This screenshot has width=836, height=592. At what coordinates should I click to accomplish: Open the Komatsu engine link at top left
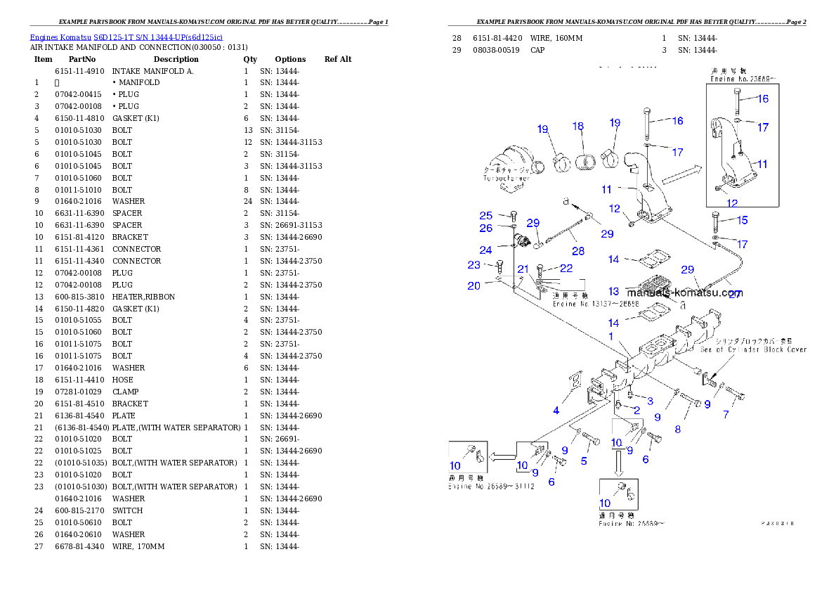pos(126,37)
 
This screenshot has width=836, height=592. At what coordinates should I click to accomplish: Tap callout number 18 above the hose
pos(577,127)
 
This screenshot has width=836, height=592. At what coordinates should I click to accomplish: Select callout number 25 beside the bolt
pos(486,216)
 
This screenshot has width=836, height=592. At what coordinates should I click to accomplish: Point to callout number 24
pos(485,250)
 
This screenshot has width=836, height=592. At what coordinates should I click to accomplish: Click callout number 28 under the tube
pos(577,251)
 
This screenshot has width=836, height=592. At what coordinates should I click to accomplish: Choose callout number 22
pos(566,268)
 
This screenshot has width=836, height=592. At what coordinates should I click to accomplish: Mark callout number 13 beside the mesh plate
pos(614,291)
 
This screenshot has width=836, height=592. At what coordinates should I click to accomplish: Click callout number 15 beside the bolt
pos(742,220)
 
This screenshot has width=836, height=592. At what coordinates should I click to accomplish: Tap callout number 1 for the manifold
pos(611,337)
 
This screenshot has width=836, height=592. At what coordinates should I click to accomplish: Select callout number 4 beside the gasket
pos(556,410)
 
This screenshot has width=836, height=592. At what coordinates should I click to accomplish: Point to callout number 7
pos(726,415)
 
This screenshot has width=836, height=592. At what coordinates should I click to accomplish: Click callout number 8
pos(678,429)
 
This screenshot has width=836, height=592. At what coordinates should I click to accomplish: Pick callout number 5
pos(584,461)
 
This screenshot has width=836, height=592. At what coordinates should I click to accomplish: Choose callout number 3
pos(650,401)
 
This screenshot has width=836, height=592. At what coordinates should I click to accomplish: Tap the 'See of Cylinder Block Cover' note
pos(752,349)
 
